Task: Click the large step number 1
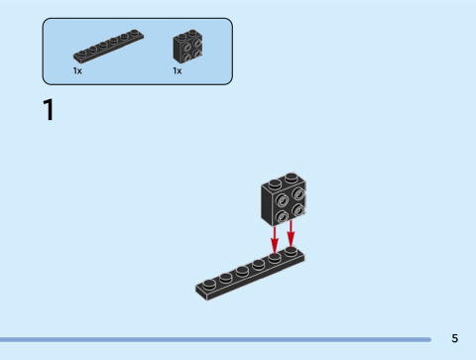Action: click(x=48, y=109)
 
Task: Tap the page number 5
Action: click(x=454, y=338)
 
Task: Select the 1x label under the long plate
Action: click(x=77, y=71)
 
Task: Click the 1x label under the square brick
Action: click(x=178, y=71)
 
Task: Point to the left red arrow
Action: click(x=275, y=238)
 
